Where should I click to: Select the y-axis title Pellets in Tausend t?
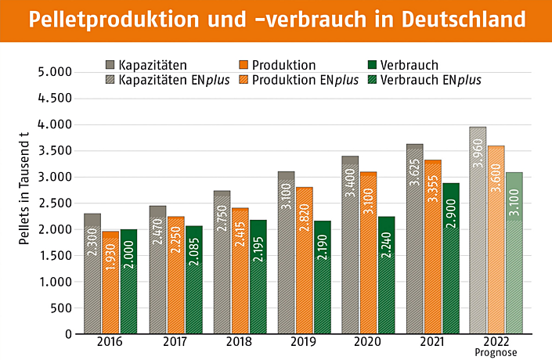pyautogui.click(x=24, y=189)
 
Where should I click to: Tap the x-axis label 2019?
pyautogui.click(x=303, y=342)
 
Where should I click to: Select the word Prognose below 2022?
pyautogui.click(x=496, y=352)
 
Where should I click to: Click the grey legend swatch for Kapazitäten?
pyautogui.click(x=110, y=65)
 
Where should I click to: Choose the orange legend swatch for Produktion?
pyautogui.click(x=243, y=65)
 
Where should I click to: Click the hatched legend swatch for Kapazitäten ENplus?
pyautogui.click(x=110, y=79)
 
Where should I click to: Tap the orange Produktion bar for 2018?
pyautogui.click(x=239, y=270)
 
